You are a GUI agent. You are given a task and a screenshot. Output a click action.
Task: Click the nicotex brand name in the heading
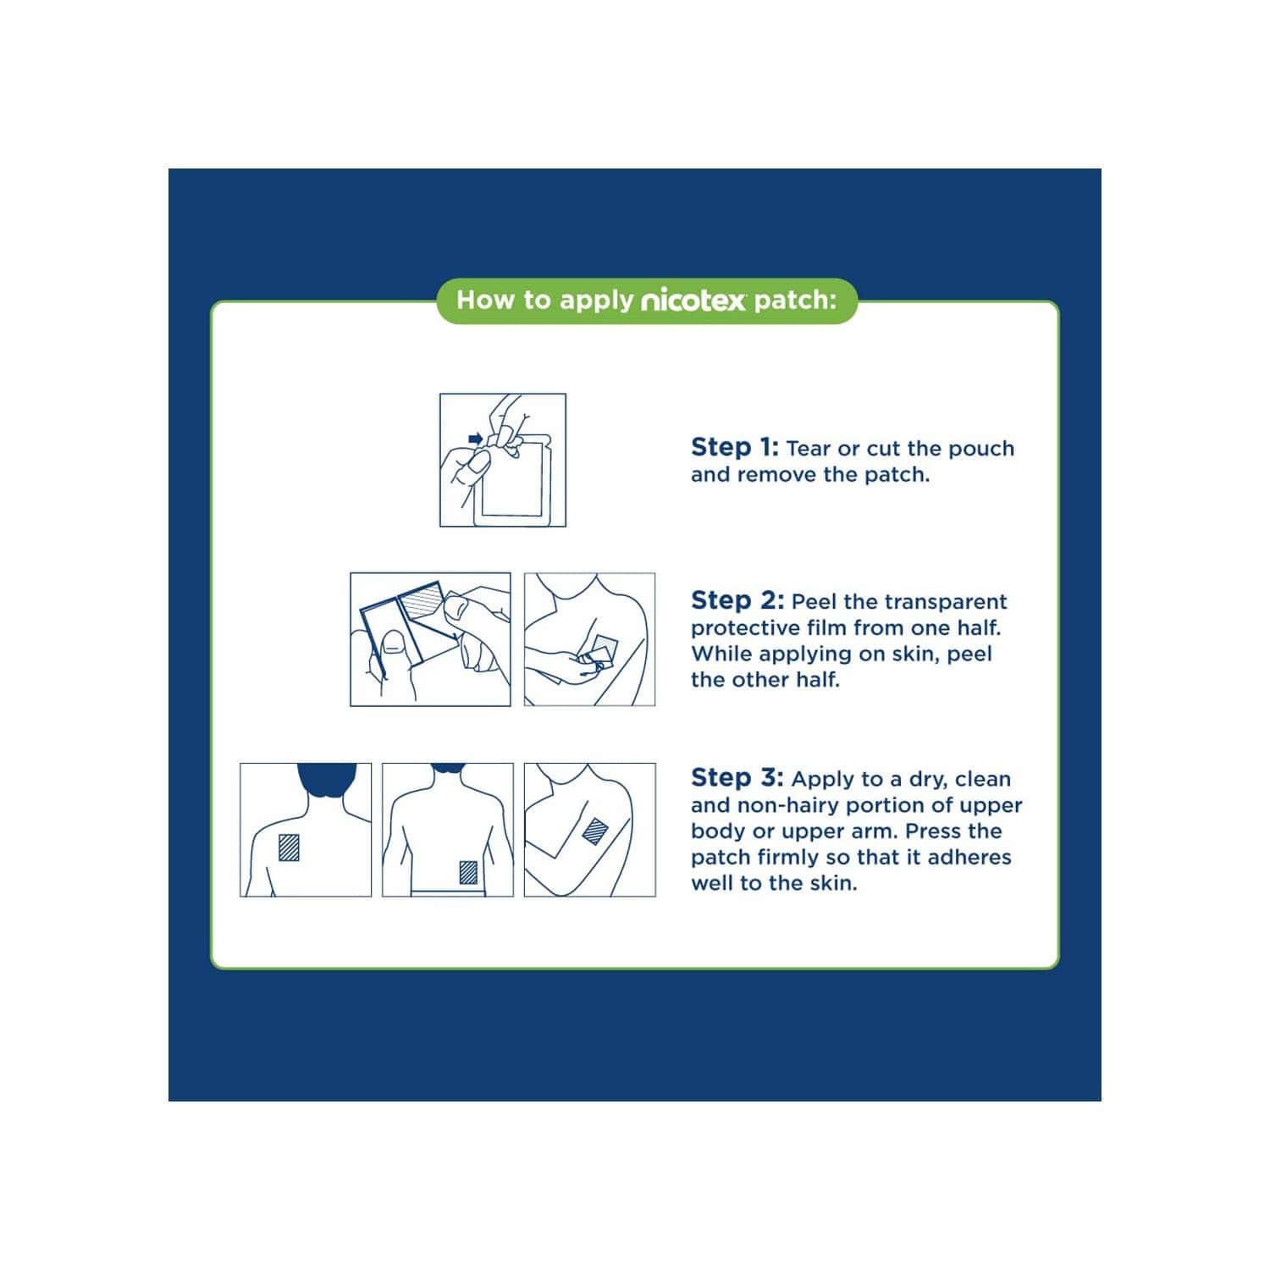coord(693,301)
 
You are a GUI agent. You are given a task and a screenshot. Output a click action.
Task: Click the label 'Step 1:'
coord(734,447)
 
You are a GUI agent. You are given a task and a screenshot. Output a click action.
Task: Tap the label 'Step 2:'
coord(737,600)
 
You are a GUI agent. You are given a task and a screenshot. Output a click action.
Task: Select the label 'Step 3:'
coord(737,777)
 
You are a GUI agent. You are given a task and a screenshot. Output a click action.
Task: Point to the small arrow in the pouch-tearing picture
coord(476,438)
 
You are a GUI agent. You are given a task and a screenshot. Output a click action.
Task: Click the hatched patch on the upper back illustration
coord(290,847)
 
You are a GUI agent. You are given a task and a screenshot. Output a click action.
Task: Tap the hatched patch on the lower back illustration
coord(468,872)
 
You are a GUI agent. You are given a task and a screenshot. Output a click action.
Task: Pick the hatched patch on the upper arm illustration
coord(596,831)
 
